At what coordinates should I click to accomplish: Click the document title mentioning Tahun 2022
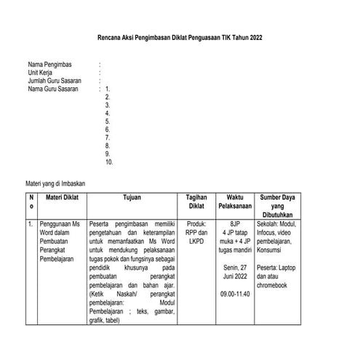[180, 37]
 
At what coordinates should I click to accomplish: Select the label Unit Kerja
[42, 73]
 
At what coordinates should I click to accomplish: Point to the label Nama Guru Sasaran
[54, 89]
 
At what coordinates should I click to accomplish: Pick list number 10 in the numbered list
[109, 162]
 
